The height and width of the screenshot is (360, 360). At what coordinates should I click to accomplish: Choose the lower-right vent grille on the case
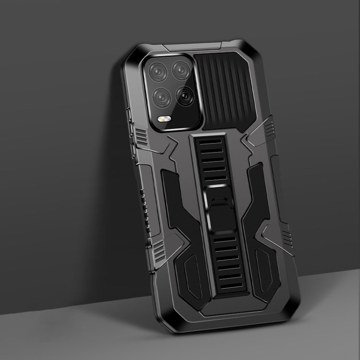[287, 235]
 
